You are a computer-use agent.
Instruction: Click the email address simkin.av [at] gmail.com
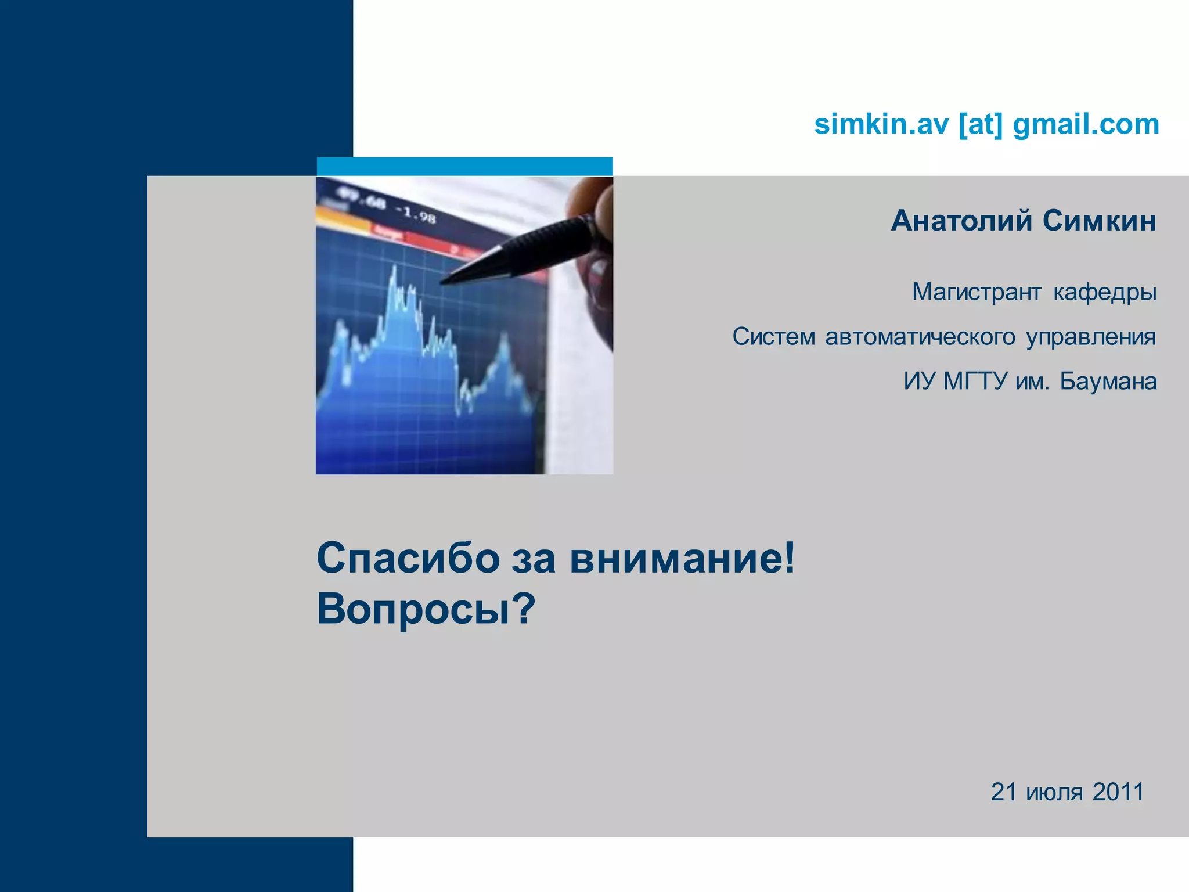pos(986,124)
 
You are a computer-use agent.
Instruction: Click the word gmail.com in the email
pos(1085,124)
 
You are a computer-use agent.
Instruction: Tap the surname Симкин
pos(1098,221)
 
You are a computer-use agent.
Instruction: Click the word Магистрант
pos(976,292)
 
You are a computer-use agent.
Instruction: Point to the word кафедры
pos(1104,292)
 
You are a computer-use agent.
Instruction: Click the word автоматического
pos(920,337)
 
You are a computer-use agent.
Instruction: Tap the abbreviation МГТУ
pos(975,382)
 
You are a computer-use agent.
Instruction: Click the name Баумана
pos(1108,382)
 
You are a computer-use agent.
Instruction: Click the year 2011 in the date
pos(1118,792)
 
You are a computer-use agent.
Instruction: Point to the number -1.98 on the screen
pos(415,214)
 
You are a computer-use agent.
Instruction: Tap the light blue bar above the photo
pos(464,166)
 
